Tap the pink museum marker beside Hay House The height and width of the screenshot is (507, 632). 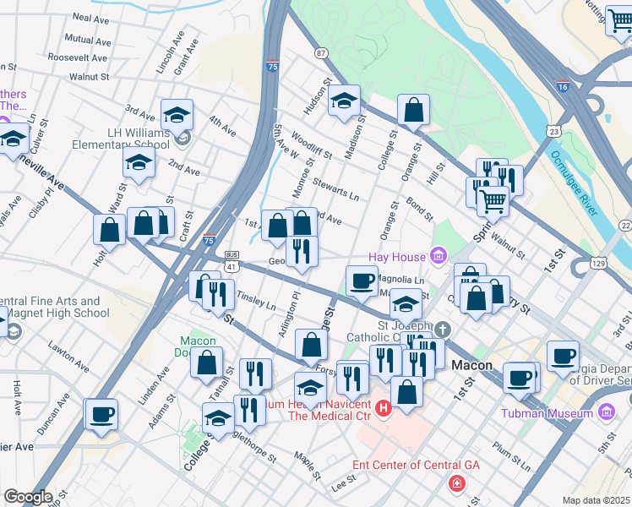(x=438, y=254)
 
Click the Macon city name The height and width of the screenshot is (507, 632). (x=471, y=365)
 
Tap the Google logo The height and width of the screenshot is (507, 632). (x=28, y=497)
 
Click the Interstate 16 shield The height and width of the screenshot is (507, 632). (x=563, y=86)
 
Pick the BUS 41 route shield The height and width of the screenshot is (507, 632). (x=232, y=259)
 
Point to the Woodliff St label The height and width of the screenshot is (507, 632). (x=312, y=144)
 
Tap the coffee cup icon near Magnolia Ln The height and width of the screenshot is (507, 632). (x=362, y=281)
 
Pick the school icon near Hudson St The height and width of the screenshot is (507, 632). (x=344, y=101)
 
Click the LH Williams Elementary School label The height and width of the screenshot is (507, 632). (x=139, y=139)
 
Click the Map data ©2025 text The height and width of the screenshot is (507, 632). (x=596, y=500)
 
